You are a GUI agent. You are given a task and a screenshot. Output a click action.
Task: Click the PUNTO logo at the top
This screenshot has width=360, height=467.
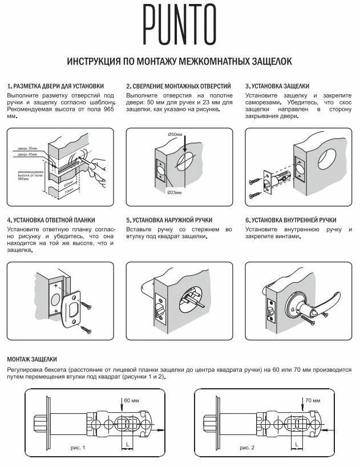pos(180,25)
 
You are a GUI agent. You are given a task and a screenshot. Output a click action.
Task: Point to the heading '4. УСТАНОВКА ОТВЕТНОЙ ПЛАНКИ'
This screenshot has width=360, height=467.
pos(51,220)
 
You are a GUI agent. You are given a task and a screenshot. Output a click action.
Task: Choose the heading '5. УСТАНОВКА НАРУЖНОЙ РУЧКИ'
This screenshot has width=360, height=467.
pos(169,220)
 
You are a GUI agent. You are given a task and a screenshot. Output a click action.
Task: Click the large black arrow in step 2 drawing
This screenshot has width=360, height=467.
pos(188,148)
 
